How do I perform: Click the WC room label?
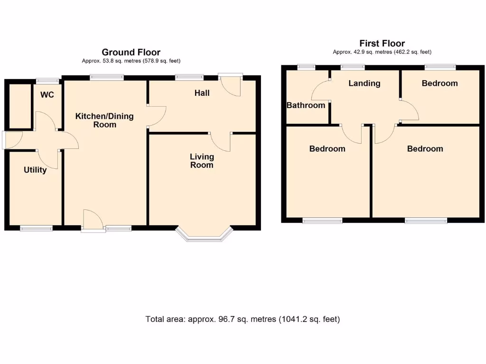tap(47, 95)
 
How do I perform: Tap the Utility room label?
tap(35, 170)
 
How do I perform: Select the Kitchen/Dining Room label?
tap(105, 120)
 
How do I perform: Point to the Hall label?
tap(202, 93)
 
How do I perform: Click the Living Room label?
tap(202, 161)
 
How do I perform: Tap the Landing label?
tap(364, 83)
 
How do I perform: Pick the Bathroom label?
tap(306, 105)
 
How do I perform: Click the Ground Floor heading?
tap(131, 52)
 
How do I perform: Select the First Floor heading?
tap(382, 43)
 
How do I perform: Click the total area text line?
tap(243, 319)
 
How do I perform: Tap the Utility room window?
tap(36, 228)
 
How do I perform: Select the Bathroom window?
tap(307, 67)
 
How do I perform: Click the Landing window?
tap(353, 67)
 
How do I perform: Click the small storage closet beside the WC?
tap(20, 106)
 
